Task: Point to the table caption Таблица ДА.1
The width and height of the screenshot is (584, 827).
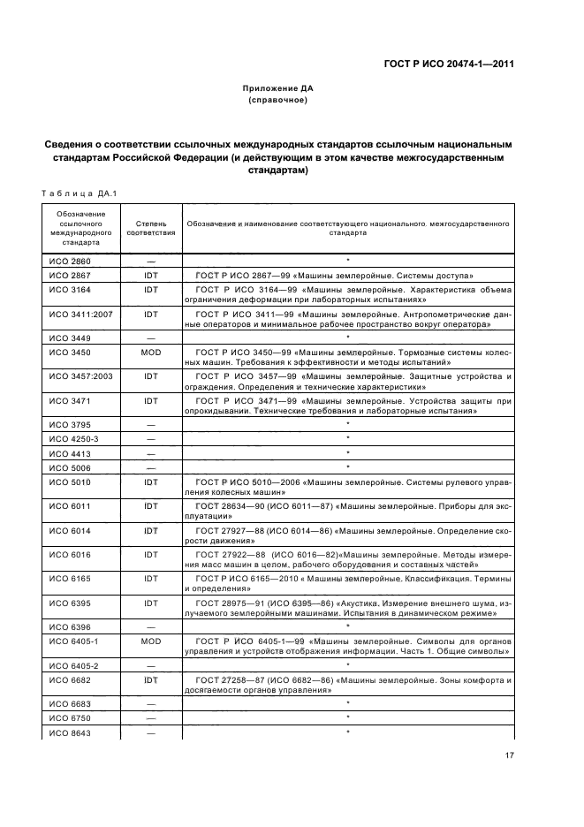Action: click(x=79, y=193)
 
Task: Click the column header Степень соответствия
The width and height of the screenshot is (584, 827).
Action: click(x=151, y=229)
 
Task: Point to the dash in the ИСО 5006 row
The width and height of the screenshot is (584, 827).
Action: click(x=151, y=467)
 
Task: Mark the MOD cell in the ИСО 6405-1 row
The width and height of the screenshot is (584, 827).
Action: click(x=151, y=641)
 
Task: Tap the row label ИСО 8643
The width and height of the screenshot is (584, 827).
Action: click(x=69, y=733)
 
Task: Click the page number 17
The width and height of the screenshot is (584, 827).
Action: click(x=510, y=755)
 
